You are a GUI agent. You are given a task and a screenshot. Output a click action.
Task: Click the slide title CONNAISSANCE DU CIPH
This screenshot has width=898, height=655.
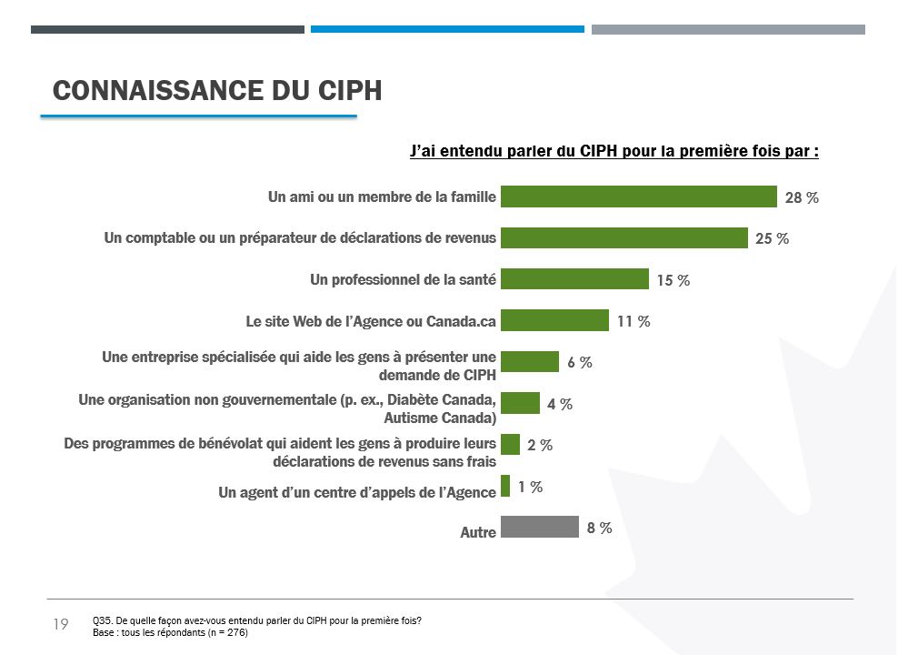tap(217, 91)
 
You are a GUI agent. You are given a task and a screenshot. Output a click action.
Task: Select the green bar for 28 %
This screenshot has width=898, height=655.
tap(638, 196)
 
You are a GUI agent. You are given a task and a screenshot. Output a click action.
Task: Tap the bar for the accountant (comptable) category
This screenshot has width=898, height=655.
tap(624, 237)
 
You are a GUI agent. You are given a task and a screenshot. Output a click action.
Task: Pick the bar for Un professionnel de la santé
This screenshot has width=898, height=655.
tap(574, 279)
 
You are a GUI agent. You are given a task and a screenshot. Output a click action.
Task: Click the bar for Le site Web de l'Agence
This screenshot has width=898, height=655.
tap(554, 320)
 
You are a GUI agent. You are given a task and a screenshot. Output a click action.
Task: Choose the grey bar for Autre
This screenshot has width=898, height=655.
tap(540, 527)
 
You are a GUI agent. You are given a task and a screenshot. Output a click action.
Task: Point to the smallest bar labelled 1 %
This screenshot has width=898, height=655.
tap(505, 486)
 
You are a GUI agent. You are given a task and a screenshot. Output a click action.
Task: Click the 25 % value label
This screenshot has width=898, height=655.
tap(772, 238)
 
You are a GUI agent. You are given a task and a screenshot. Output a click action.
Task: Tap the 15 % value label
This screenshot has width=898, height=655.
tap(673, 280)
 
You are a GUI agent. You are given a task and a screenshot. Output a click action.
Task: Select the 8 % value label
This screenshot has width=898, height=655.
tap(599, 528)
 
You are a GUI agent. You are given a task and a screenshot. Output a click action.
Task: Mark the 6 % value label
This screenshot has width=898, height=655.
tap(580, 362)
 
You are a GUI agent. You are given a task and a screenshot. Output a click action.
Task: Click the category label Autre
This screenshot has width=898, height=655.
tap(478, 532)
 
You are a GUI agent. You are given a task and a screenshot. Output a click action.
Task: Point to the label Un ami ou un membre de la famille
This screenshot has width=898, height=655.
tap(382, 196)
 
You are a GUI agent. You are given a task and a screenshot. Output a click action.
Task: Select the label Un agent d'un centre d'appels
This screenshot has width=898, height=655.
tap(357, 492)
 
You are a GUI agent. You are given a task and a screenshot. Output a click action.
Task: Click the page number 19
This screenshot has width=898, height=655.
tap(61, 624)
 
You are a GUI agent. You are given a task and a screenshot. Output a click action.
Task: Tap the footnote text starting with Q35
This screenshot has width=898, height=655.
tap(257, 621)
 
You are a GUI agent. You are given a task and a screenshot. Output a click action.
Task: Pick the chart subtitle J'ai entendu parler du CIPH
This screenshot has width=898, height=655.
tap(614, 151)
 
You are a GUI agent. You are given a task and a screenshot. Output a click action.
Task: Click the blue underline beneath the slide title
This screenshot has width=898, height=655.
tap(198, 116)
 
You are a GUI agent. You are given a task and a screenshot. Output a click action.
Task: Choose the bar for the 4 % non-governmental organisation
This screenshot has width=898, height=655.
tap(521, 403)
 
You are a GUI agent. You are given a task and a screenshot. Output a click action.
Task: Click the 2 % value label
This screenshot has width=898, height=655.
tap(540, 445)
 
